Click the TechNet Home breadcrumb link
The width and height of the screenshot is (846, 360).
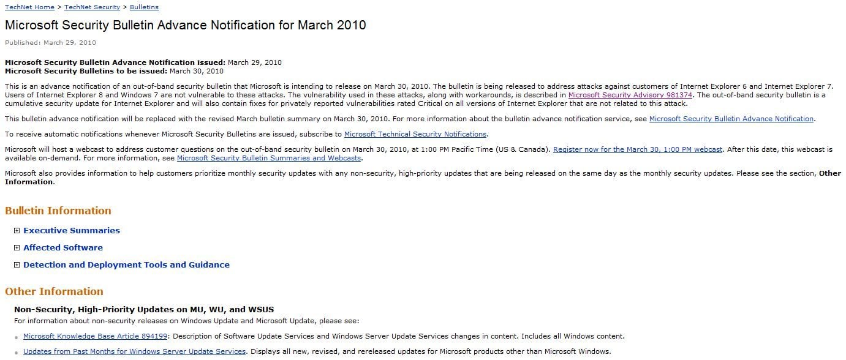[29, 7]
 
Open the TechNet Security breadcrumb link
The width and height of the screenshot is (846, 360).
[92, 7]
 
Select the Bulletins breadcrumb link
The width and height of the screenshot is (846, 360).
[144, 7]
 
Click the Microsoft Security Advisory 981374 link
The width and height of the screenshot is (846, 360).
[630, 95]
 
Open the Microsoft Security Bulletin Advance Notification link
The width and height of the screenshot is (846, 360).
[731, 119]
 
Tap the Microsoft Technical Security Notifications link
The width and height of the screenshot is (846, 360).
[415, 134]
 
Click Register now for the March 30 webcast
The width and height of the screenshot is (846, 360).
[638, 149]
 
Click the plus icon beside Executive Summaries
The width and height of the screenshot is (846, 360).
[17, 231]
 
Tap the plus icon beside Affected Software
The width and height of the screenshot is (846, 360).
[17, 248]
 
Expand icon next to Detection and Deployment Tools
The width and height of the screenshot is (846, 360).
[17, 265]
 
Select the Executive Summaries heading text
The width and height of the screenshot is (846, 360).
[72, 231]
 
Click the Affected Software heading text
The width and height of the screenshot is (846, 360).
[63, 248]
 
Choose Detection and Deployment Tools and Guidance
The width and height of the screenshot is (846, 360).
[126, 265]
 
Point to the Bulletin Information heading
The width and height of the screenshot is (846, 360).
[58, 211]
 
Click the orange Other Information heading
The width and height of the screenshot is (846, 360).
[54, 291]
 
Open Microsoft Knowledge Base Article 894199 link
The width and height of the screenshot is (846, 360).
[95, 336]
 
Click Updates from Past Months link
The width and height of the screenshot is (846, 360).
[134, 351]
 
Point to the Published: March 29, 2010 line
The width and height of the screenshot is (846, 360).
[50, 43]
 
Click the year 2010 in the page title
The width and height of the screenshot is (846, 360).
[348, 25]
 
